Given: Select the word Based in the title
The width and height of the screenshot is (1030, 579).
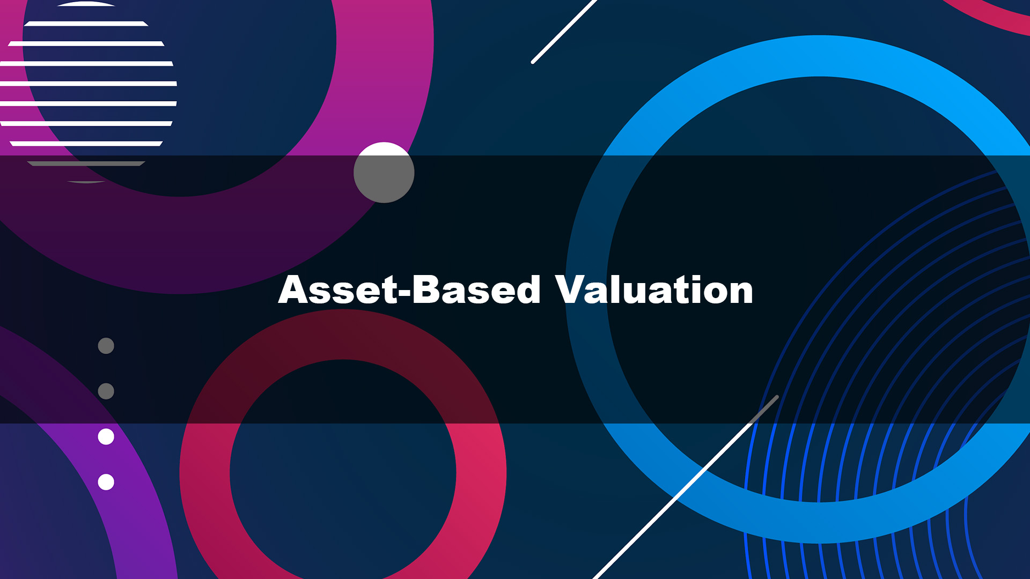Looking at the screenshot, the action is (476, 289).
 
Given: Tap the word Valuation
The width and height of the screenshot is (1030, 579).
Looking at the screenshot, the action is (654, 289).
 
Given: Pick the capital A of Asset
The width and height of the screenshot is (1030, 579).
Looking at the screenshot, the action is (295, 289).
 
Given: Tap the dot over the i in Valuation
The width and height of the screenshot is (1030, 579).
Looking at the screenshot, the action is (683, 278).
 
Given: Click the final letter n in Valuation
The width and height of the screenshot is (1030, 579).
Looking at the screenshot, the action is (739, 293).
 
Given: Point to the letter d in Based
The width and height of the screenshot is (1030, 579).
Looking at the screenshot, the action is (526, 289).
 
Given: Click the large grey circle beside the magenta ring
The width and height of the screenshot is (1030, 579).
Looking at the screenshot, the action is (384, 173).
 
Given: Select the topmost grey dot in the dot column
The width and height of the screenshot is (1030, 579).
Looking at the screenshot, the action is (106, 346).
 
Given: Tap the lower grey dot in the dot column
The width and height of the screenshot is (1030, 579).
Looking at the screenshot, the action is (106, 391).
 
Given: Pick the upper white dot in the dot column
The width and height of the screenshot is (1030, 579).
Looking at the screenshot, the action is (106, 437).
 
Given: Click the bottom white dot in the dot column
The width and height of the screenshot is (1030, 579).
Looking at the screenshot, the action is (106, 482).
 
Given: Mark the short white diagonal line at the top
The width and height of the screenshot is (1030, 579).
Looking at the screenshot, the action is (563, 31).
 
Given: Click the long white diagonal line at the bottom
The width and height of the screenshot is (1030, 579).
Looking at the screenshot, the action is (686, 487).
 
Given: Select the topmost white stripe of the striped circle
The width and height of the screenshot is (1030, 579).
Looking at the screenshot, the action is (86, 4).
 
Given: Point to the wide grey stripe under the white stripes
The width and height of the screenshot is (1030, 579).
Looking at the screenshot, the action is (86, 164).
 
